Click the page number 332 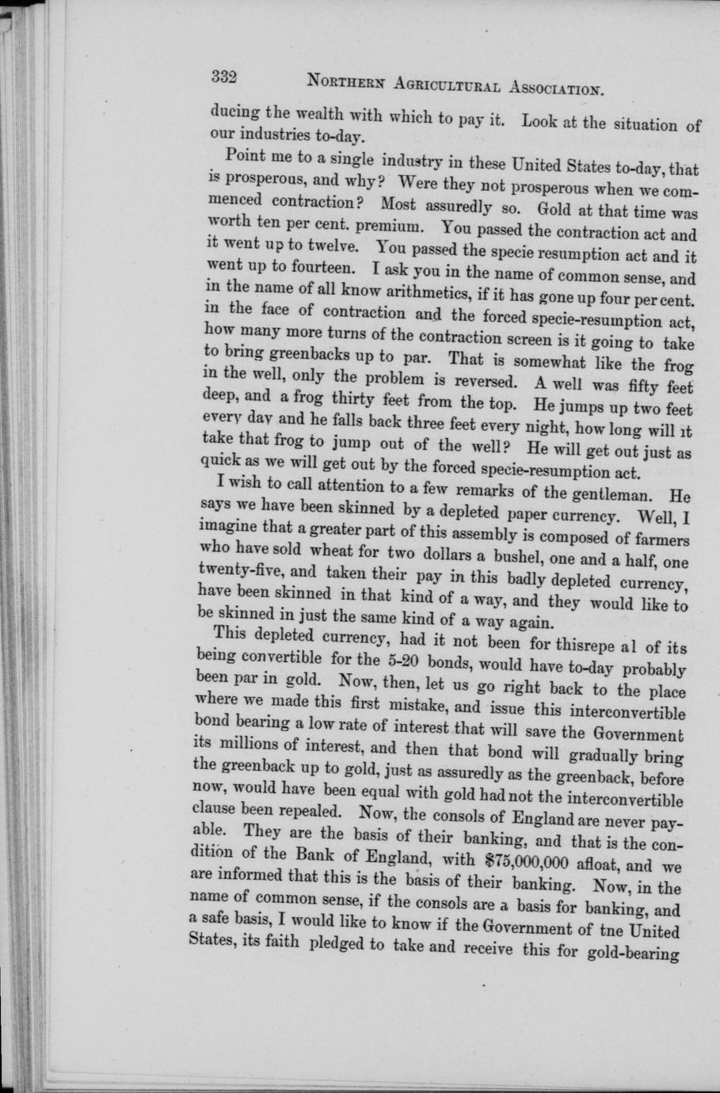pos(224,78)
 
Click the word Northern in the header pos(341,81)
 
